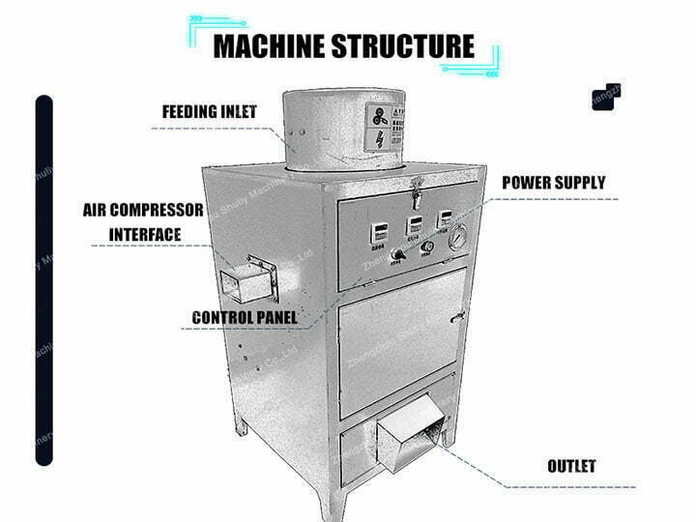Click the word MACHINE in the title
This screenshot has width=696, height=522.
click(x=273, y=46)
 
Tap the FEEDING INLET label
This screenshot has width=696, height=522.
click(x=209, y=111)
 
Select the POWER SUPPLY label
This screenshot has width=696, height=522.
click(x=553, y=183)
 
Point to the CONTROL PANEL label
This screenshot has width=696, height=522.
click(x=244, y=317)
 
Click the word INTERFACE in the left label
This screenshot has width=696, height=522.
click(x=145, y=234)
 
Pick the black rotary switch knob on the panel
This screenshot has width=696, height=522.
click(x=397, y=255)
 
